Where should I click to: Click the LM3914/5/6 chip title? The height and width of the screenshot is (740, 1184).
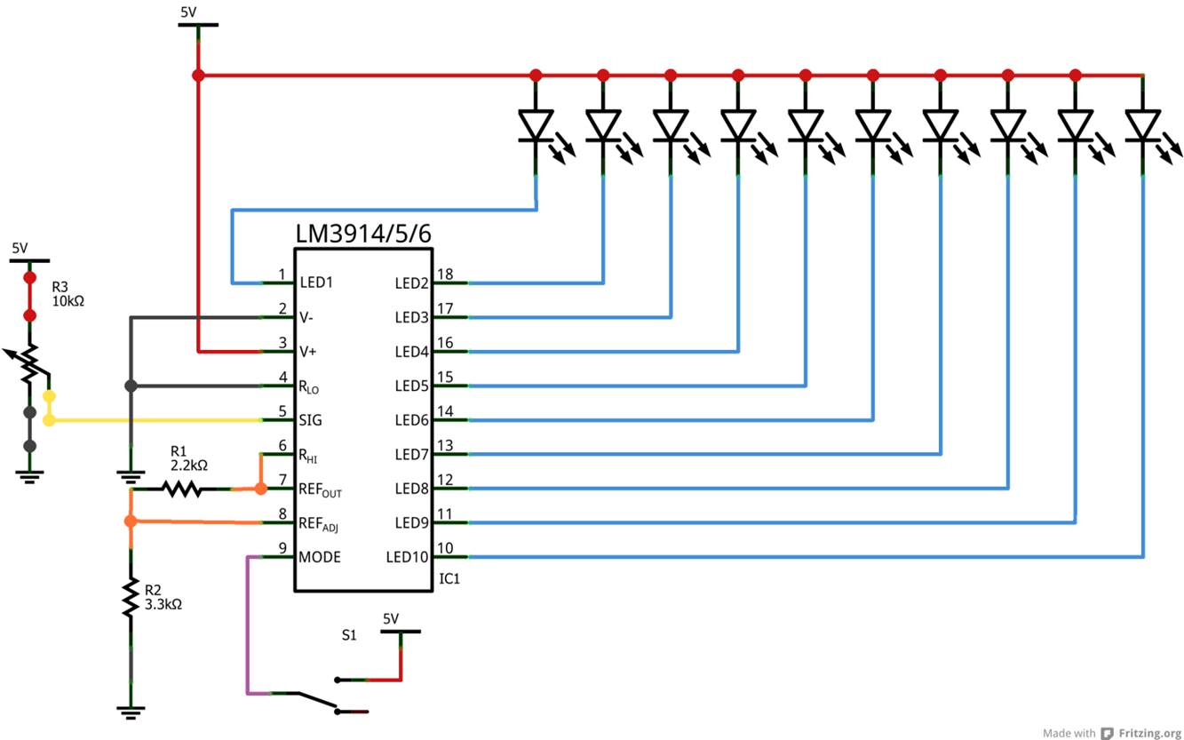tap(363, 234)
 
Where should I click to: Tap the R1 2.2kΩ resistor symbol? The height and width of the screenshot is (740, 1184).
tap(181, 489)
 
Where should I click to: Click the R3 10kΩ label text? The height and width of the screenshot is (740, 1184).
tap(68, 294)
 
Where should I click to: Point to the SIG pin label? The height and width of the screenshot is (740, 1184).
tap(310, 420)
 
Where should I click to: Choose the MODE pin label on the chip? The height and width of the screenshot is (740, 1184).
tap(319, 557)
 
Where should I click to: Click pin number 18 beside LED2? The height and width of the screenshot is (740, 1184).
tap(445, 274)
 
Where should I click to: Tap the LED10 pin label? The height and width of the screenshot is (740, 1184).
tap(407, 557)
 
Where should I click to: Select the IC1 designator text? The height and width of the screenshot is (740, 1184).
tap(449, 579)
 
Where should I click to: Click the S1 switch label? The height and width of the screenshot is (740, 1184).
tap(349, 635)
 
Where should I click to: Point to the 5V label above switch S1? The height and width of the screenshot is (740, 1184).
tap(391, 618)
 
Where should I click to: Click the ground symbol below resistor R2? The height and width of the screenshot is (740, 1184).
tap(131, 712)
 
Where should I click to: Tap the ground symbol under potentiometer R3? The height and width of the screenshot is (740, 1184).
tap(29, 477)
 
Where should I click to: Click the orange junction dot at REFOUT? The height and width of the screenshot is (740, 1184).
tap(260, 489)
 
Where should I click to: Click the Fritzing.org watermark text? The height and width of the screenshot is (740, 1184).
tap(1149, 733)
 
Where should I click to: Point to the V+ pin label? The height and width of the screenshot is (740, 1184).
tap(307, 352)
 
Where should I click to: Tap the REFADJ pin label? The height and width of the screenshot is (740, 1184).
tap(318, 524)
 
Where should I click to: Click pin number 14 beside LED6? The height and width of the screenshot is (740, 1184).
tap(445, 410)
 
